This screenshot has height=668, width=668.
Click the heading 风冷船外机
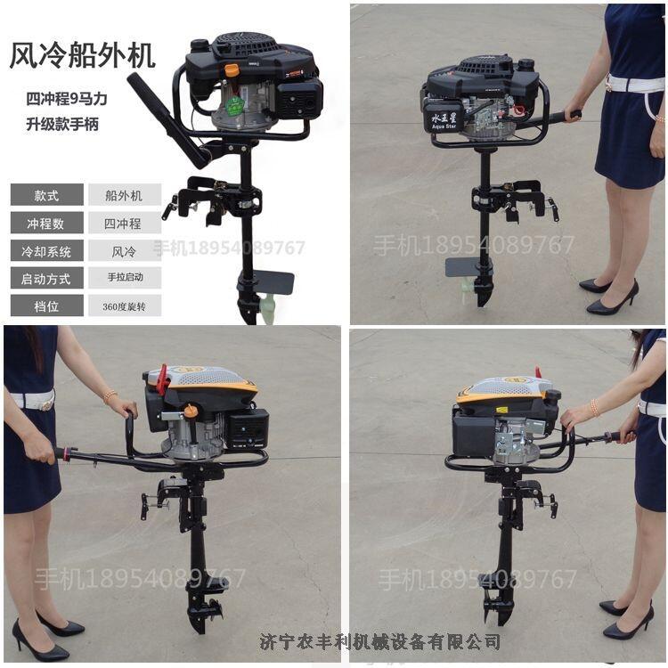[82, 55]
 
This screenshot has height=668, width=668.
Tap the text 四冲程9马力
[67, 99]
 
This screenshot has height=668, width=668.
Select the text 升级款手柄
[62, 125]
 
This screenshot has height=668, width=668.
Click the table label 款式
[46, 196]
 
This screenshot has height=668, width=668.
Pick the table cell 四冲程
[123, 224]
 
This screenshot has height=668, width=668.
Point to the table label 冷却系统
[46, 251]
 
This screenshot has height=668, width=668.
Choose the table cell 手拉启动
[125, 277]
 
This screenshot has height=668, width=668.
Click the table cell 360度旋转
[125, 306]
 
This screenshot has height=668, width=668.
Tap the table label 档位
[46, 305]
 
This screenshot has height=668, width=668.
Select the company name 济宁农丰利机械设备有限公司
[379, 641]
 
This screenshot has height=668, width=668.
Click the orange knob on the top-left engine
[232, 69]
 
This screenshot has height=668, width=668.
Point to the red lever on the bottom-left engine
[162, 379]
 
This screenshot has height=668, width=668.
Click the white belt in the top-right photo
[635, 83]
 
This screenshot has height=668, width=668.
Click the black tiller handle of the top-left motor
[167, 119]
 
